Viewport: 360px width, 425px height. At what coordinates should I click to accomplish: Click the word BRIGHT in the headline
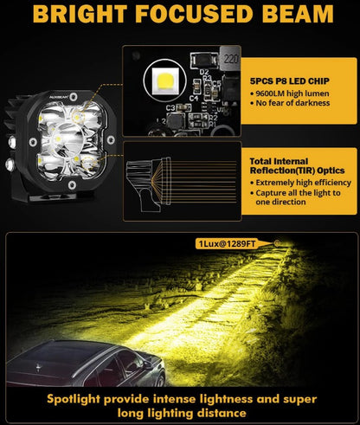coord(80,14)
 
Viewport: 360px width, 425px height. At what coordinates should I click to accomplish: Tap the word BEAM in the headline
coord(298,14)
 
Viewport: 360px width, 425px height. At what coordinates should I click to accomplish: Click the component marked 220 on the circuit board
coord(230,59)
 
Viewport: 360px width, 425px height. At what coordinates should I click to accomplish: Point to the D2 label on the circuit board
coord(204,72)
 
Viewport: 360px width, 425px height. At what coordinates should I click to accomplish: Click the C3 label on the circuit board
coord(170,108)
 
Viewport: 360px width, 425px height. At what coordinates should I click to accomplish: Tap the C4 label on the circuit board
coord(194,98)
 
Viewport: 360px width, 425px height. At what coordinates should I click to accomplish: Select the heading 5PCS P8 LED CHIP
coord(289,81)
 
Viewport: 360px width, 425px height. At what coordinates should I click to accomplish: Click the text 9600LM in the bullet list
coord(268,93)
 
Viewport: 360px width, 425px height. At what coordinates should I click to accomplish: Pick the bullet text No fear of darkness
coord(292,103)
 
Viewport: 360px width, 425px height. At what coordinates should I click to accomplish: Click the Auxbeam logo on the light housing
coord(59,98)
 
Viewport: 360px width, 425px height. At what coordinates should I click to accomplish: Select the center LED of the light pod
coord(59,139)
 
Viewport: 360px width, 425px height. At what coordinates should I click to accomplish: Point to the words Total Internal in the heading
coord(279,161)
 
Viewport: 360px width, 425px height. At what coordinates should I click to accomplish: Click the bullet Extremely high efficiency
coord(303,183)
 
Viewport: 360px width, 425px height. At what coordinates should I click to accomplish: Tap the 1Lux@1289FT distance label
coord(227,244)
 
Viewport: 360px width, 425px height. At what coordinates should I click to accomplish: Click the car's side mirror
coord(148,364)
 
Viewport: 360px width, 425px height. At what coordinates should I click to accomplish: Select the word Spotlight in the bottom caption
coord(74,400)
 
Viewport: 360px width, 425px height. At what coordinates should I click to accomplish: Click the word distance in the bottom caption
coord(222,413)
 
